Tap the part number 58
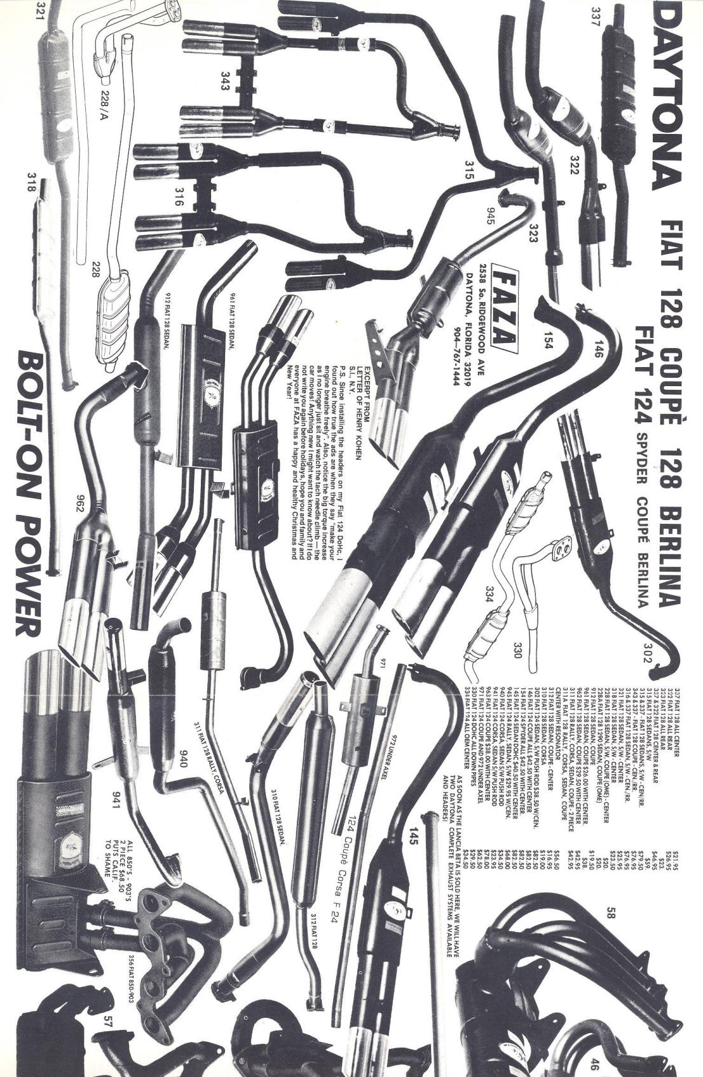611,911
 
